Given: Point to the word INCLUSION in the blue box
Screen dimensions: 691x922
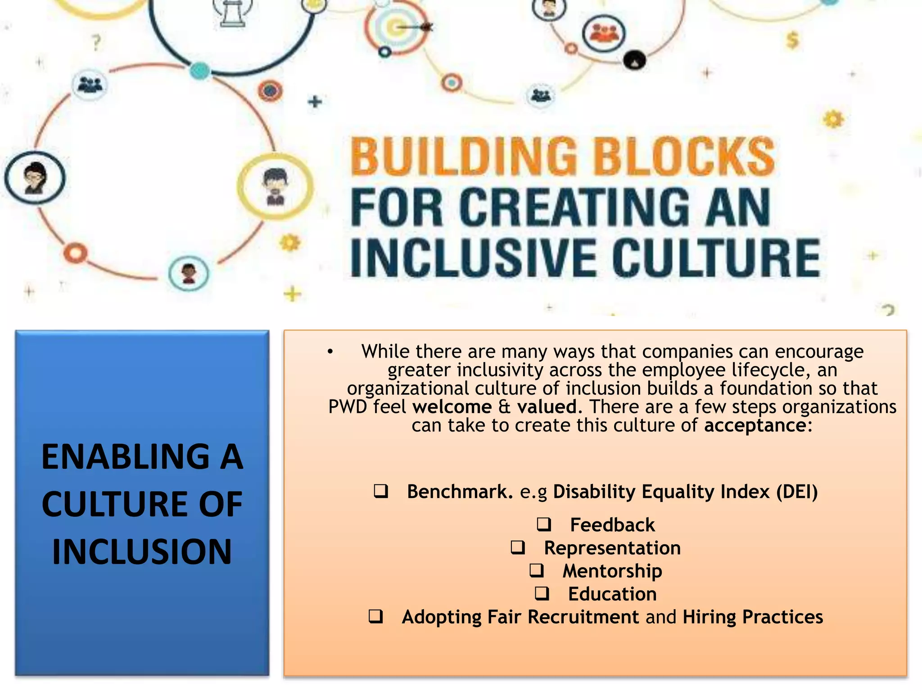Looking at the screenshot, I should [x=142, y=552].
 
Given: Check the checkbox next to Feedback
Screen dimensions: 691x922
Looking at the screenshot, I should [x=544, y=524].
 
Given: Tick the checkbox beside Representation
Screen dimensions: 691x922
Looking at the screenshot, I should [x=518, y=547].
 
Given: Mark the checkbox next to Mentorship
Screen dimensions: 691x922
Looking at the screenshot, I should [x=536, y=570].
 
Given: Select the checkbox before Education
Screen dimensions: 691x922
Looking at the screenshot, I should [x=542, y=593].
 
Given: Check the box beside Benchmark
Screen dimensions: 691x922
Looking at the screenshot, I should [x=380, y=491].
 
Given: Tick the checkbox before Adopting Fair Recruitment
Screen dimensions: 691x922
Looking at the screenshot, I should [x=375, y=616].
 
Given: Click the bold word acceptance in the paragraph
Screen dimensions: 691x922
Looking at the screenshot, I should [x=755, y=426].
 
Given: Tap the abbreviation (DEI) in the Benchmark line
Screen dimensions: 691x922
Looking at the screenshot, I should [x=797, y=492].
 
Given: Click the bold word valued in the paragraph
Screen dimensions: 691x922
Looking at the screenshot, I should [x=547, y=407].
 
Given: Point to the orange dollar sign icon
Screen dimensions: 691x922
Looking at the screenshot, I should [x=792, y=40].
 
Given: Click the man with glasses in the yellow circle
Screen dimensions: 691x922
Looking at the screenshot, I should [x=275, y=186].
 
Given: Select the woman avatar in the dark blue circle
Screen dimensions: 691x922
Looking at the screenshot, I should [x=35, y=178].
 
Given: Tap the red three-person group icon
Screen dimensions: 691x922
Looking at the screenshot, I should [x=603, y=34].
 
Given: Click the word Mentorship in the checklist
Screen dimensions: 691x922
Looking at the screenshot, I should [x=612, y=571].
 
